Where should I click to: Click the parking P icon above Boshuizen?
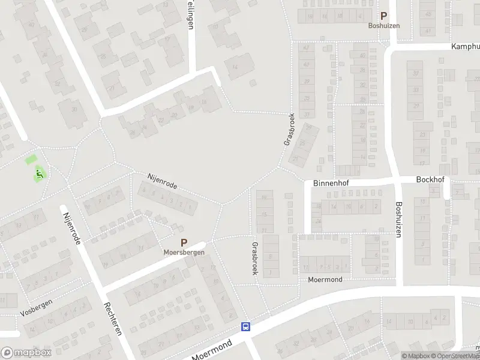[383, 17]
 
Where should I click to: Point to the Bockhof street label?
[430, 179]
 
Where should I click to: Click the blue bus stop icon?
[245, 327]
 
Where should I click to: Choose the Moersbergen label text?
[184, 253]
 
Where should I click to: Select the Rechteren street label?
[114, 314]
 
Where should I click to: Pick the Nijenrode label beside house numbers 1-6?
[163, 181]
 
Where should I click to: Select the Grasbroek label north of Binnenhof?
[287, 130]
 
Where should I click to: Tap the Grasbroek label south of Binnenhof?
[255, 259]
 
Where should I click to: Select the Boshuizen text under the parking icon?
[384, 26]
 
